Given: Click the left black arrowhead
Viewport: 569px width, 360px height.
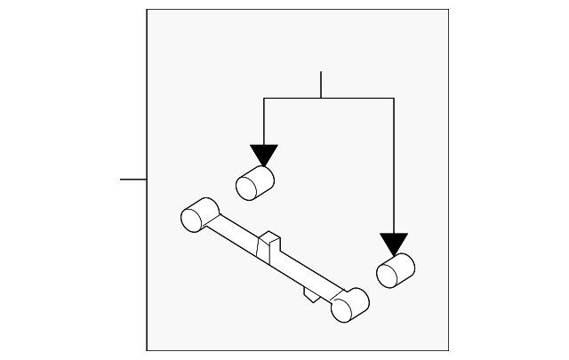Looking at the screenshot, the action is click(264, 155).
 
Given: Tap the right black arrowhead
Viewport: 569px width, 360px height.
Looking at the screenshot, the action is click(393, 244).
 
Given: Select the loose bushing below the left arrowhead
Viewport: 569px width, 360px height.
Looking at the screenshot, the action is click(255, 182).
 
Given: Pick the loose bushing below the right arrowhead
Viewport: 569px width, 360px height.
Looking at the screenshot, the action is click(397, 271).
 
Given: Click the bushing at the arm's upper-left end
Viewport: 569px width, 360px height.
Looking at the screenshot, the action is click(199, 214).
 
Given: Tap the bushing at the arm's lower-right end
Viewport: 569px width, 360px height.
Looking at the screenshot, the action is click(349, 305).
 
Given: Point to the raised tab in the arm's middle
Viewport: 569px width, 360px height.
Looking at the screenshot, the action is click(268, 245).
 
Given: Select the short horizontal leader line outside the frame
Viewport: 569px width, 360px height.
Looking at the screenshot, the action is click(133, 180).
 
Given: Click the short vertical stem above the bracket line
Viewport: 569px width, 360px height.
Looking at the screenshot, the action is click(320, 84).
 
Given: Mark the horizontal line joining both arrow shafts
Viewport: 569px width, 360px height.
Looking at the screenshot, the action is click(329, 98).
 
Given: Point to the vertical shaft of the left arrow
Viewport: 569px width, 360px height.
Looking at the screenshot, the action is click(264, 121).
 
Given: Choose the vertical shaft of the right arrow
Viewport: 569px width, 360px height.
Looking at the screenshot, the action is click(393, 164).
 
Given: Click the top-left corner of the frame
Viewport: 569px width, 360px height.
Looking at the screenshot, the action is click(147, 10).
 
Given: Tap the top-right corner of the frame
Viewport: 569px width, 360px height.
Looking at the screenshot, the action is click(448, 10).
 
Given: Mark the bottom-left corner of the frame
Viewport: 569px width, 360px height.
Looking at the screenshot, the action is click(147, 351).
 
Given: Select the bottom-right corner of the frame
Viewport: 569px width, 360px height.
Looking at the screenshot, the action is click(448, 351).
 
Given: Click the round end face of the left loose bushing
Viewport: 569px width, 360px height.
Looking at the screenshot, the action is click(246, 187).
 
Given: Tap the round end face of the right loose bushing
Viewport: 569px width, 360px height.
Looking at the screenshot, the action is click(387, 276).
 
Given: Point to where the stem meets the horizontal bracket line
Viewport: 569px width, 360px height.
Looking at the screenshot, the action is click(320, 98).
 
